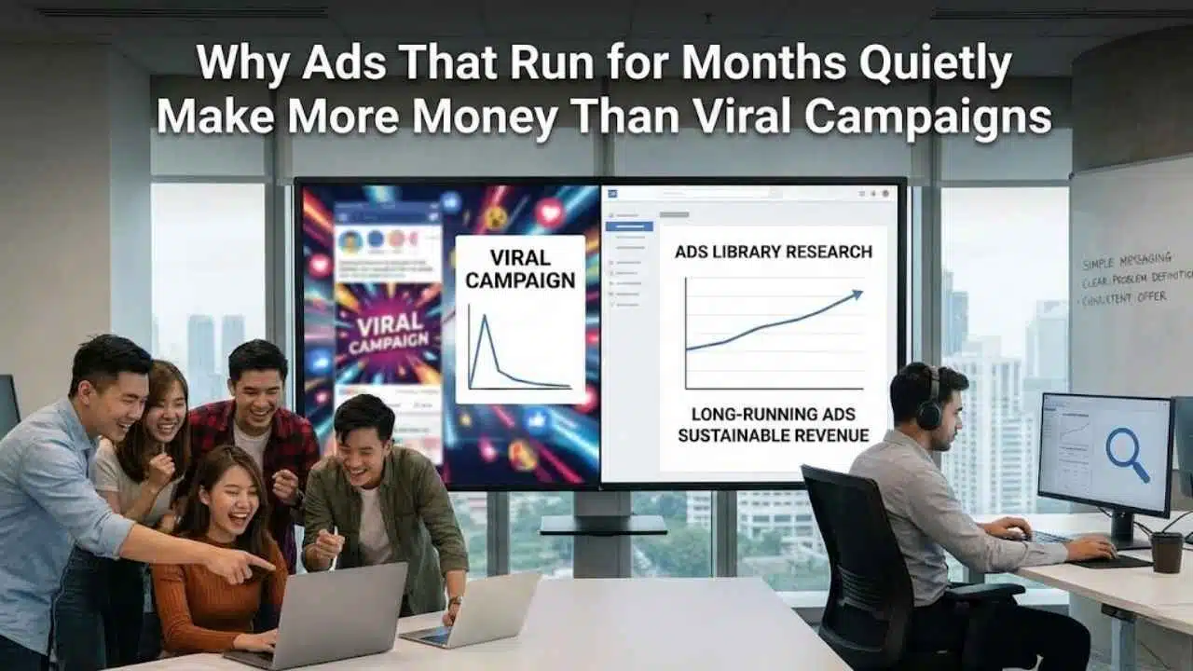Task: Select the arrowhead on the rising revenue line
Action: [x=855, y=295]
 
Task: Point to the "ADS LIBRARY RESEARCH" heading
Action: [x=773, y=252]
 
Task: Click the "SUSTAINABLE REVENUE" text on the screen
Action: [x=773, y=435]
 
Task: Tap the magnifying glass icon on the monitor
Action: [x=1125, y=453]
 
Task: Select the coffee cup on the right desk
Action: [x=1166, y=552]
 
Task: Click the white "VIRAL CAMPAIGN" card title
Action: [x=519, y=267]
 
